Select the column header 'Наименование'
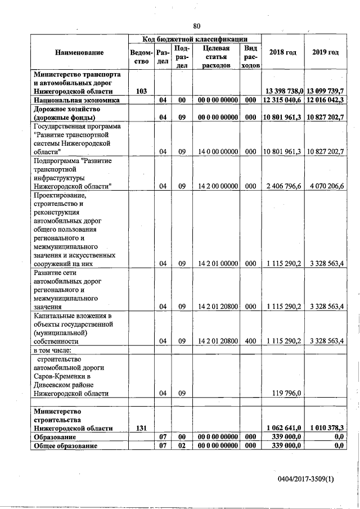point(79,52)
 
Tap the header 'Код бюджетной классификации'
point(195,39)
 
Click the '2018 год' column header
point(282,52)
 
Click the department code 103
point(142,91)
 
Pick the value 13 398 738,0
point(283,91)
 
